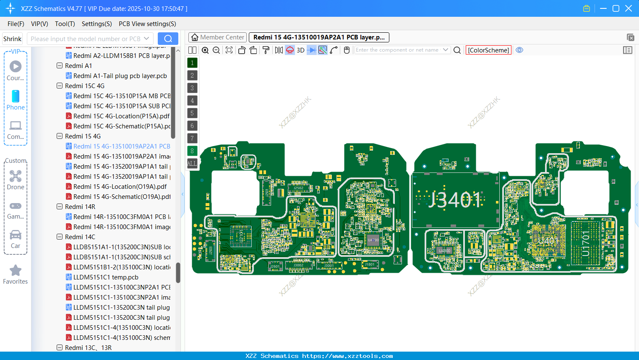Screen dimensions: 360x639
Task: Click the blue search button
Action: [168, 39]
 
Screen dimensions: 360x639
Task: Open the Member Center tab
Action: [217, 37]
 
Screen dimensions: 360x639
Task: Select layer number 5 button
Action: [192, 113]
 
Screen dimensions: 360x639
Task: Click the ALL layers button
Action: [192, 164]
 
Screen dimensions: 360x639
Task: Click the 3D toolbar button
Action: [300, 50]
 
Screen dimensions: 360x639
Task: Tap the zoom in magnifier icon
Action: [205, 50]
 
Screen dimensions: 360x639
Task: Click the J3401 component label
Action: [454, 200]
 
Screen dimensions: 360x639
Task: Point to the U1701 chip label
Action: [586, 243]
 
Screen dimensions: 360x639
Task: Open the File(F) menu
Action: [16, 24]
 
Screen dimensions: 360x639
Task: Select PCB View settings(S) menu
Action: [147, 24]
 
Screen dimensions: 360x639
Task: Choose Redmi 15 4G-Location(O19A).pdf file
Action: [120, 187]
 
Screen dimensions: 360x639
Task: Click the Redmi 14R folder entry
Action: [80, 207]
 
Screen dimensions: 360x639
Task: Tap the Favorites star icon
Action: [16, 271]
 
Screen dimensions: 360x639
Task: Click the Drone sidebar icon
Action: [16, 177]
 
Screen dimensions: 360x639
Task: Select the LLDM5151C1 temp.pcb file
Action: [106, 277]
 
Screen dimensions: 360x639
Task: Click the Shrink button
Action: [12, 39]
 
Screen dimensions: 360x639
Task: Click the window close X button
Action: [629, 8]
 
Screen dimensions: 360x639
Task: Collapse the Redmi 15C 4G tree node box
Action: [60, 86]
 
